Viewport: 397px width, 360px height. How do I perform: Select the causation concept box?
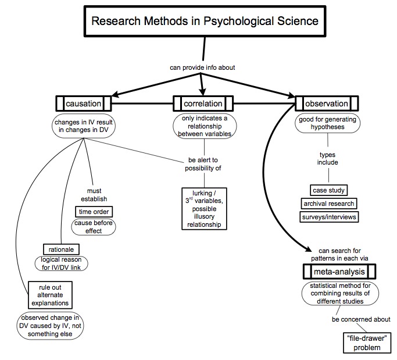(x=84, y=104)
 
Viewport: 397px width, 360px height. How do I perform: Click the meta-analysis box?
(x=339, y=271)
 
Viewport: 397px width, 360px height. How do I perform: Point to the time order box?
(x=94, y=211)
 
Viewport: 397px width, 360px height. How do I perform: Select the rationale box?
(x=60, y=249)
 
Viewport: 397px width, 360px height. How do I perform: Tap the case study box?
(x=328, y=190)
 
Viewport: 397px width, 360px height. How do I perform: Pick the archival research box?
(x=328, y=204)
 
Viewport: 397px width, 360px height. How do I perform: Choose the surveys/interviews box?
(x=329, y=217)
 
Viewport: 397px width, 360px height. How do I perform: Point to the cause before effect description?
(x=94, y=226)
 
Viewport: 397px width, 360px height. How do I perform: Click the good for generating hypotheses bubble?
(x=328, y=123)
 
